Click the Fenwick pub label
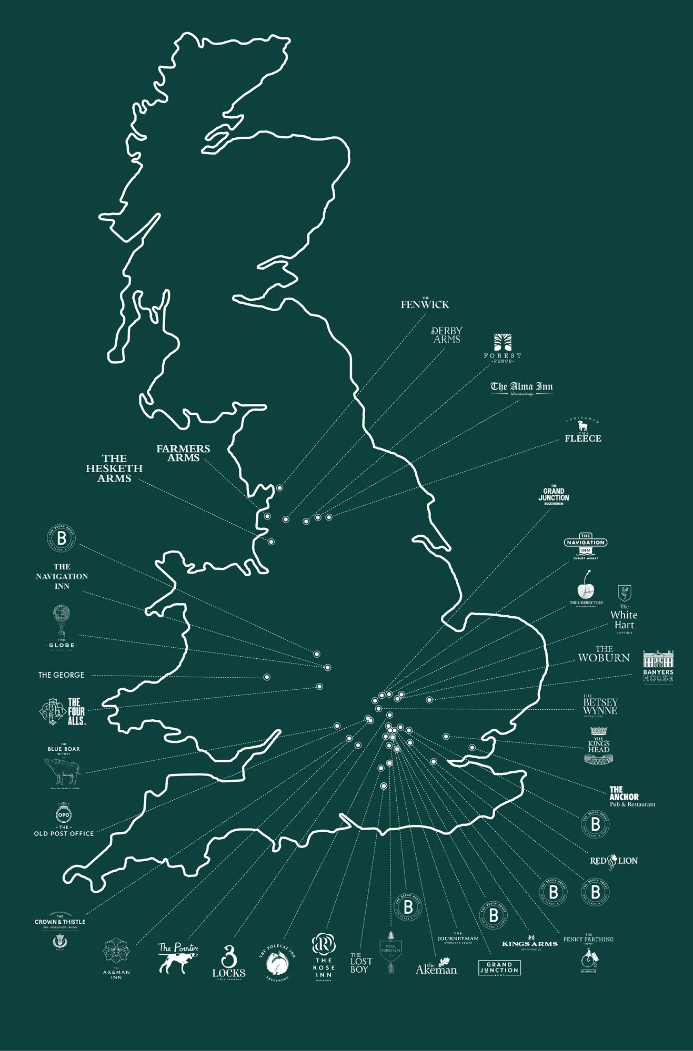point(425,304)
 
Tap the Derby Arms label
point(447,335)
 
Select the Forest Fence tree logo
point(503,342)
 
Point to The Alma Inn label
point(521,387)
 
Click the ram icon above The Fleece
point(583,426)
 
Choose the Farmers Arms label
point(183,453)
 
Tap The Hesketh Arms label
point(114,468)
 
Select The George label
point(61,675)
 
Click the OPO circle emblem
point(64,814)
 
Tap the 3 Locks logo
point(229,962)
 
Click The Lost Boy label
point(360,962)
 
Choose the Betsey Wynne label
point(600,706)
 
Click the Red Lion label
point(614,861)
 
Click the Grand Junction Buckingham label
point(554,495)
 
